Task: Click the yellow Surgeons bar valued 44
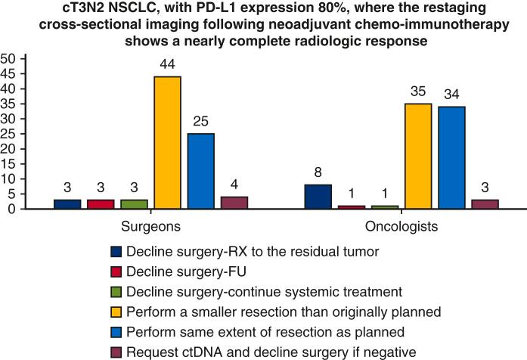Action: pyautogui.click(x=167, y=143)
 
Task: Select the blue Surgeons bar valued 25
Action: pyautogui.click(x=200, y=172)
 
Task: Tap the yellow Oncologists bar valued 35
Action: pyautogui.click(x=417, y=157)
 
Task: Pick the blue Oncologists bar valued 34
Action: pyautogui.click(x=451, y=158)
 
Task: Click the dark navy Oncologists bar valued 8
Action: pyautogui.click(x=318, y=197)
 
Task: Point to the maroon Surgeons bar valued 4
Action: pyautogui.click(x=233, y=203)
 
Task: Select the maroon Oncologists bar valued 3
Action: pyautogui.click(x=484, y=204)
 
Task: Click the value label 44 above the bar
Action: pyautogui.click(x=167, y=66)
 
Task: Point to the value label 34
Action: pyautogui.click(x=451, y=95)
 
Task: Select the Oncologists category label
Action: pyautogui.click(x=401, y=227)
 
